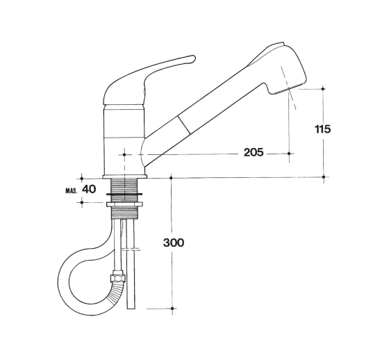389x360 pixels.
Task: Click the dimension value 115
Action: pyautogui.click(x=323, y=129)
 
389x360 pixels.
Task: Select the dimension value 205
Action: pyautogui.click(x=254, y=152)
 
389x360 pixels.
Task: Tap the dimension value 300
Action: pyautogui.click(x=174, y=243)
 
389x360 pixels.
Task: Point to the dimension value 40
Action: pyautogui.click(x=89, y=190)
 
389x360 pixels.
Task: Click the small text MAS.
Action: pyautogui.click(x=72, y=191)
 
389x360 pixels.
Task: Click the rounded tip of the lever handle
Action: pyautogui.click(x=193, y=59)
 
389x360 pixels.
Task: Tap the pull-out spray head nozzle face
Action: pyautogui.click(x=290, y=89)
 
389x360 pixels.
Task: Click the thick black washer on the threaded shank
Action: pyautogui.click(x=124, y=194)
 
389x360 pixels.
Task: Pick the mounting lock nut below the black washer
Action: pyautogui.click(x=124, y=204)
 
